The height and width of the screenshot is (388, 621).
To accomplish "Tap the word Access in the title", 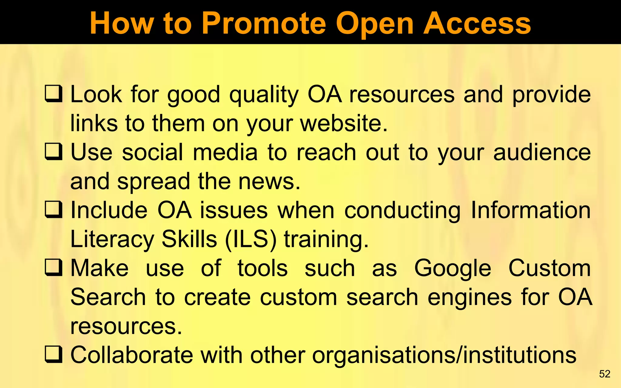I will (477, 24).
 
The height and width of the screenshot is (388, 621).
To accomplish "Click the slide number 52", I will (605, 374).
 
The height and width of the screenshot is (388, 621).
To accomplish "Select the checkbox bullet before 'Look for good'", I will (54, 94).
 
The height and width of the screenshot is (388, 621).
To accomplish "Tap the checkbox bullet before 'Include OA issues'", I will (54, 210).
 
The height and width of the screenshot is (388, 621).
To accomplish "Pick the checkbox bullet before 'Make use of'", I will (54, 268).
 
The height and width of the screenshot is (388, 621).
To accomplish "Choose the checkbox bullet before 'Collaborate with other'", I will (54, 355).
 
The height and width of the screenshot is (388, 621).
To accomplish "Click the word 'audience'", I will (542, 152).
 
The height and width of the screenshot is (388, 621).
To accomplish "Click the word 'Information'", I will (531, 210).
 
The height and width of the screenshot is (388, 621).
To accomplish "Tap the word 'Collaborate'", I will (132, 355).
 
